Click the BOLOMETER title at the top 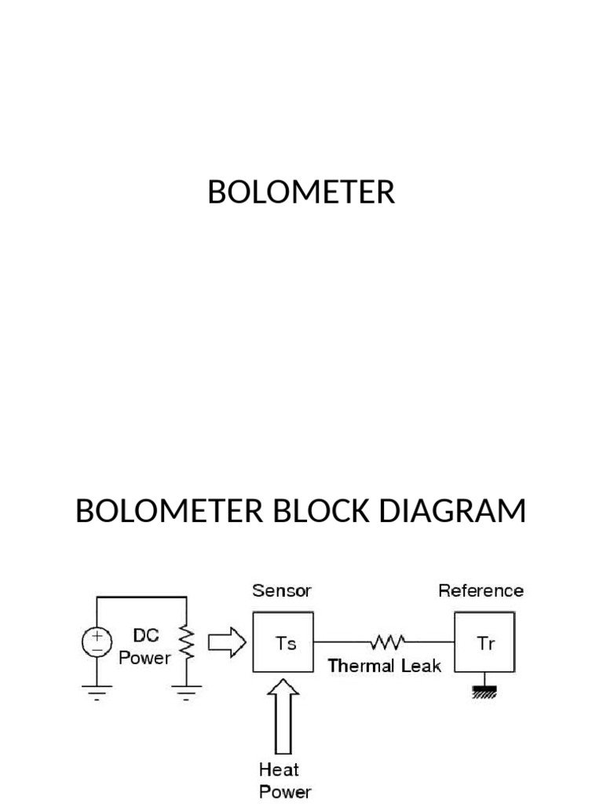point(301,192)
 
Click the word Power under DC point(144,658)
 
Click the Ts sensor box point(283,643)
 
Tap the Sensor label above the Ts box point(282,590)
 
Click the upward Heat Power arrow point(283,716)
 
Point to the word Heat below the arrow point(280,770)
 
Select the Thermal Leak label point(385,666)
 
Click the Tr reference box point(486,643)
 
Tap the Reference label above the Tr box point(481,590)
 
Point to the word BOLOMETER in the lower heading point(166,512)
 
